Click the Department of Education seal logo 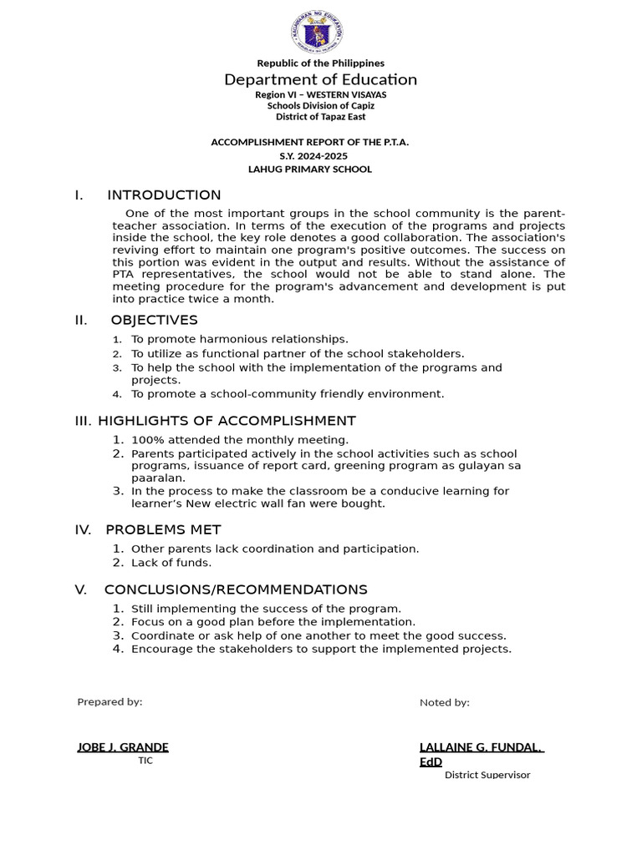click(x=318, y=32)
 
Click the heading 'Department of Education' click(x=320, y=79)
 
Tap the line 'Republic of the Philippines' click(x=320, y=63)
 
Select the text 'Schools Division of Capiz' click(x=320, y=105)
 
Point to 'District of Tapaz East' click(x=320, y=117)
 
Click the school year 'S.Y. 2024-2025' click(x=313, y=155)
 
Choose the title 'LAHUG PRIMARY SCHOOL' click(x=310, y=169)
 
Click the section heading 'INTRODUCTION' click(x=164, y=195)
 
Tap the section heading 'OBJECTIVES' click(x=154, y=321)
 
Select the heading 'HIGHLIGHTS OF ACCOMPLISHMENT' click(x=229, y=421)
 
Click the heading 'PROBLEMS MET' click(x=162, y=529)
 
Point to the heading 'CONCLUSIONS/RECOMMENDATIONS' click(x=236, y=589)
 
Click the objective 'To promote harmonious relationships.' click(x=239, y=339)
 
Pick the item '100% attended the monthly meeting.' click(x=240, y=439)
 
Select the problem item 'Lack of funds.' click(x=171, y=562)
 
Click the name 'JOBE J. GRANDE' click(x=123, y=747)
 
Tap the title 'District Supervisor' click(x=487, y=775)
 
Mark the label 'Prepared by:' click(x=110, y=701)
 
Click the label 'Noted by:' click(x=444, y=702)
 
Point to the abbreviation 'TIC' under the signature click(x=145, y=761)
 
